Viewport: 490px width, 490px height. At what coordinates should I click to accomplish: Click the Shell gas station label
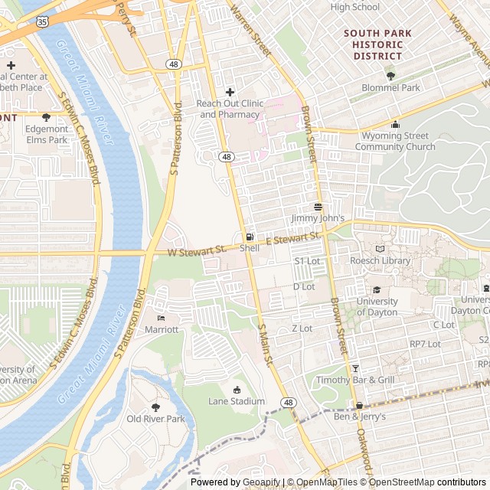click(250, 248)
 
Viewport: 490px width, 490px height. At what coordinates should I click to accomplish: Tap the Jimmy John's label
click(318, 218)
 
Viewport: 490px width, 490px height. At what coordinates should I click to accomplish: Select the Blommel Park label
click(390, 87)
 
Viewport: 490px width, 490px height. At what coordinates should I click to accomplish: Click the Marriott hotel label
click(162, 329)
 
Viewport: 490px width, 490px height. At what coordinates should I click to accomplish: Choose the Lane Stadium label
click(236, 401)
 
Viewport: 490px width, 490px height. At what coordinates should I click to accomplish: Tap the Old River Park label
click(156, 419)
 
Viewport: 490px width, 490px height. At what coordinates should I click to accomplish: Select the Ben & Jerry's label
click(360, 416)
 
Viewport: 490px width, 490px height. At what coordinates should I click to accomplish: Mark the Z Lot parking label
click(302, 328)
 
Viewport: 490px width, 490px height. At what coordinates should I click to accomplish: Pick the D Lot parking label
click(304, 286)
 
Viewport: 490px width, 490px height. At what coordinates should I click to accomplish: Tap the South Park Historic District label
click(377, 44)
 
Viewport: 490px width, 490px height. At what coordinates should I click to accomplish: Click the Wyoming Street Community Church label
click(395, 142)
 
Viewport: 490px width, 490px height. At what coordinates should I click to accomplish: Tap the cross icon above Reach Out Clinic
click(230, 93)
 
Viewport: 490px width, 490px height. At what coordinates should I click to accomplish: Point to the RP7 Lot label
click(425, 344)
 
